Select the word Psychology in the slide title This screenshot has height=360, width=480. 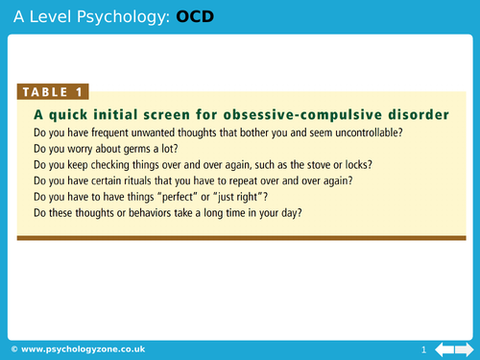click(126, 15)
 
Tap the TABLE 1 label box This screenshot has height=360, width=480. click(53, 92)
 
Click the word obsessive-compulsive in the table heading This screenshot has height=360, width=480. click(311, 114)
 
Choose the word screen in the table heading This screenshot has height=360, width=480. click(184, 114)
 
